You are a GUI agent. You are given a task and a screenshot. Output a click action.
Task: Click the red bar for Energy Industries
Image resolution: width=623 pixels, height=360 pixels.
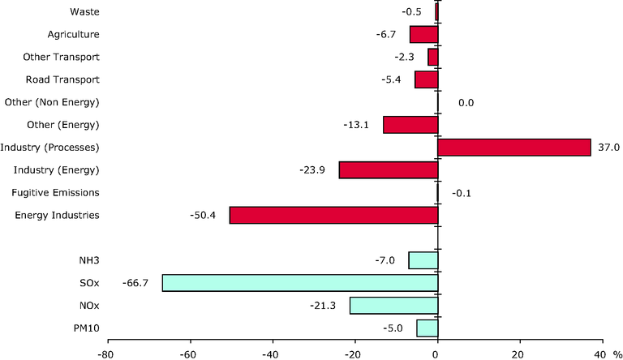point(333,215)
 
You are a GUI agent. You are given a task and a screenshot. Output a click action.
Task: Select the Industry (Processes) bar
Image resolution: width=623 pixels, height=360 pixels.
point(514,148)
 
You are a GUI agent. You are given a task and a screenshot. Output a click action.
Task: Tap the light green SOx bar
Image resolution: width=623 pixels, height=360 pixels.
point(300,283)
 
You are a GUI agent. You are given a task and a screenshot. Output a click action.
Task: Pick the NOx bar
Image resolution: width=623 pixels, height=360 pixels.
point(393,306)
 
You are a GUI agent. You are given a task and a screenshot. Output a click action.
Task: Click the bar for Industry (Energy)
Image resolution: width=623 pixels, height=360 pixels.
point(389,170)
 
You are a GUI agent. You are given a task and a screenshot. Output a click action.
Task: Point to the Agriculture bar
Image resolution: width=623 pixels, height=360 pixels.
point(424,35)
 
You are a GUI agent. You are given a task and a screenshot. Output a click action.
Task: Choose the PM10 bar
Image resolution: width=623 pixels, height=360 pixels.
point(428,328)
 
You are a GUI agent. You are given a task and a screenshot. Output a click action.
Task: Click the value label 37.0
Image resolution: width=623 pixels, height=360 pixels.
point(608,148)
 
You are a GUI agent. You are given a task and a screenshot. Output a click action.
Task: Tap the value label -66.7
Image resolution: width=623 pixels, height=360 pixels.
point(135,283)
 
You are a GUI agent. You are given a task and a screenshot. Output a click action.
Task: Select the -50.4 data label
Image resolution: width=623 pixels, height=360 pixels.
point(203,216)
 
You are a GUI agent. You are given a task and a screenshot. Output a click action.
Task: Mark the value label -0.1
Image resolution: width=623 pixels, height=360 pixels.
point(462,194)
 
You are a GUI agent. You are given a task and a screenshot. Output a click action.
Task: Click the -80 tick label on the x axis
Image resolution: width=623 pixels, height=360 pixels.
point(106,354)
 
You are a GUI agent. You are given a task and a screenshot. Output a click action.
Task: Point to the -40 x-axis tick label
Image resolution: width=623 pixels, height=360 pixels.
point(271,354)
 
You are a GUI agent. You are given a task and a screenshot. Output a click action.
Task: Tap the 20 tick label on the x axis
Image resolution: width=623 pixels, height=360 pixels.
point(518,354)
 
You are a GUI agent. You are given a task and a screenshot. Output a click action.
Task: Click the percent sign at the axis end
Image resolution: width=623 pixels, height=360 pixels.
point(617,354)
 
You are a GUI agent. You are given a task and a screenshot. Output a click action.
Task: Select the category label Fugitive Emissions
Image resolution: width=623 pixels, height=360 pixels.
point(55,193)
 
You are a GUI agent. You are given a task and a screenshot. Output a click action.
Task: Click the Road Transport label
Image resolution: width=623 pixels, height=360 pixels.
point(62,79)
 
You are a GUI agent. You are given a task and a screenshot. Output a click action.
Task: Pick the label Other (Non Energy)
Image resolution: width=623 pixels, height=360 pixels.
point(52,102)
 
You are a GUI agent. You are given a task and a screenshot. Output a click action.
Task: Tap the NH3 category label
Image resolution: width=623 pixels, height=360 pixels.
point(89,260)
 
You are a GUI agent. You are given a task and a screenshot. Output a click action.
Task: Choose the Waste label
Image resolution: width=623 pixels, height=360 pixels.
point(84,11)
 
